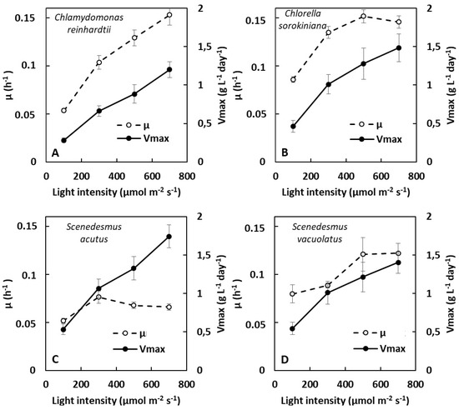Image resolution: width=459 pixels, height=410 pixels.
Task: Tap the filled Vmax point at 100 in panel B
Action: point(293,127)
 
